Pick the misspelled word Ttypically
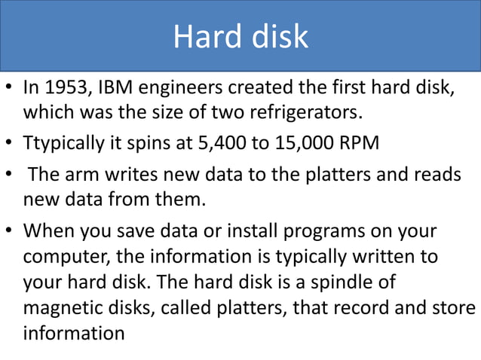69,142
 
